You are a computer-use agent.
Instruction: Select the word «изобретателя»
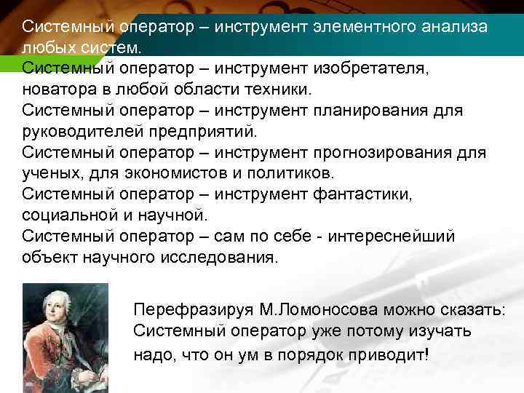pyautogui.click(x=371, y=69)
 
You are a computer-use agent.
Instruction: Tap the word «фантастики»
pyautogui.click(x=361, y=195)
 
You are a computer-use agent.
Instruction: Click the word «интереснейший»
pyautogui.click(x=392, y=237)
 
